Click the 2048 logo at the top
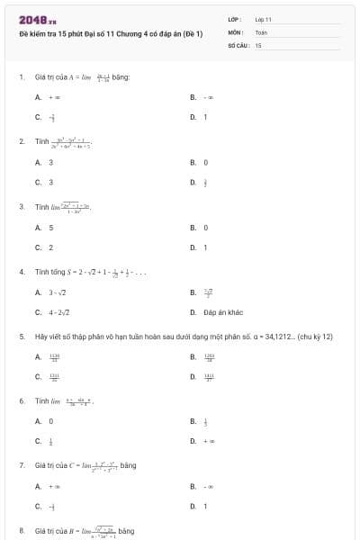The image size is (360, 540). click(x=38, y=20)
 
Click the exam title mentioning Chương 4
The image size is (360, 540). click(x=111, y=32)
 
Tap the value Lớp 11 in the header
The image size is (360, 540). click(x=263, y=19)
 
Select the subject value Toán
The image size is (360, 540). click(x=261, y=31)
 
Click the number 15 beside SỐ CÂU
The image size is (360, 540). click(x=258, y=44)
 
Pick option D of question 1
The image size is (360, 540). click(x=204, y=117)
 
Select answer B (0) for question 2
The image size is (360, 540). click(x=205, y=162)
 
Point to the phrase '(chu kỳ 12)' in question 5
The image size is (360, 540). click(x=315, y=337)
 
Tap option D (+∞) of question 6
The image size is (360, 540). click(x=208, y=441)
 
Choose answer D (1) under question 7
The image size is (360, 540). click(x=204, y=506)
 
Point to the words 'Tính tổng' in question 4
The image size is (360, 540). click(x=48, y=271)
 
